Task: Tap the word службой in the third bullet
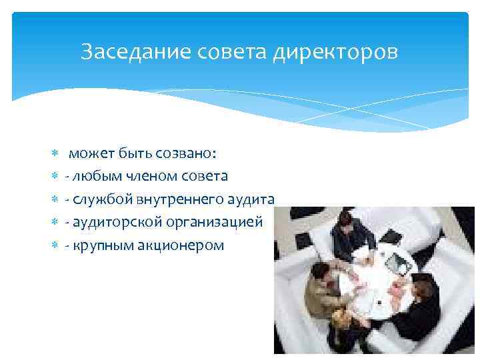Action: (99, 199)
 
